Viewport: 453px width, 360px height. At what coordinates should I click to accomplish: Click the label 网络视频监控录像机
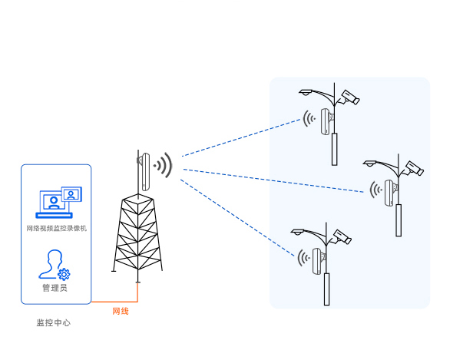57,228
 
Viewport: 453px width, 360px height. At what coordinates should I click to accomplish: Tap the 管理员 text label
55,288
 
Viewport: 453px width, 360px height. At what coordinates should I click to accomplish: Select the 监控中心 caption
54,322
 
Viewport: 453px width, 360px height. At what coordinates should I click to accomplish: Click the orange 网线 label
121,311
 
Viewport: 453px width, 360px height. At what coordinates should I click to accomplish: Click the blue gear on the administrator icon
64,274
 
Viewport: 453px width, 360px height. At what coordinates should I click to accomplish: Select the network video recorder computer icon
59,202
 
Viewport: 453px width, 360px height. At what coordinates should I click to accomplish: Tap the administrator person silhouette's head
55,257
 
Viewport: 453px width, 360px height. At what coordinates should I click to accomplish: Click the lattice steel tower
137,234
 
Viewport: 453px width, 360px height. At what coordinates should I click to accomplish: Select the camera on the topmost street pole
349,97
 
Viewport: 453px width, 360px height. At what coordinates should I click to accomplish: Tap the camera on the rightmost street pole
414,168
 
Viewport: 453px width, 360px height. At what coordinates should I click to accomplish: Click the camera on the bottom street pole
342,237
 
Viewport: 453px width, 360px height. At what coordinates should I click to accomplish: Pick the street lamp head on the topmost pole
306,92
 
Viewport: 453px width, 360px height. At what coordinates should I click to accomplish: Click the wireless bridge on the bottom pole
319,261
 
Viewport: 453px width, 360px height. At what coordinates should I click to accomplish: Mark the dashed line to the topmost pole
241,138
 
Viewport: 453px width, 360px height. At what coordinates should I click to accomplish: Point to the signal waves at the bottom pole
303,258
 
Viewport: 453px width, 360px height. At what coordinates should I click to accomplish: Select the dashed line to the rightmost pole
273,180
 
